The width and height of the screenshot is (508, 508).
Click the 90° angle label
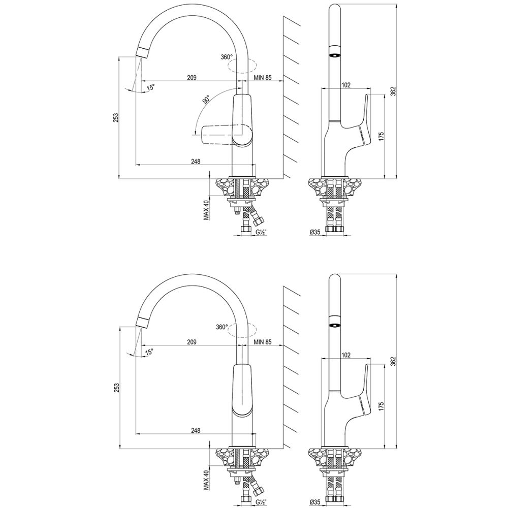206,100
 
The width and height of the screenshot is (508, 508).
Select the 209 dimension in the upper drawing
192,78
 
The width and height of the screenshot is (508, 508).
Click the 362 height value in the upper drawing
393,91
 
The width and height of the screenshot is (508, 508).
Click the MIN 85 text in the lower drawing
263,343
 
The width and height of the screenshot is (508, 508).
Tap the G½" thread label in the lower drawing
261,501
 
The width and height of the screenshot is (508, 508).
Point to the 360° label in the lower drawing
221,327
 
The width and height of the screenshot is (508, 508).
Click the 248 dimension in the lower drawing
195,430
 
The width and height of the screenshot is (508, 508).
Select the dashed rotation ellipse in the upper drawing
243,66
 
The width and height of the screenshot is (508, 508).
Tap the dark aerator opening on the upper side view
333,55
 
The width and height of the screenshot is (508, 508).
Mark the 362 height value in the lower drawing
393,360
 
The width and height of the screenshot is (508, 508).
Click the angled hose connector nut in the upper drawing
258,221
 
